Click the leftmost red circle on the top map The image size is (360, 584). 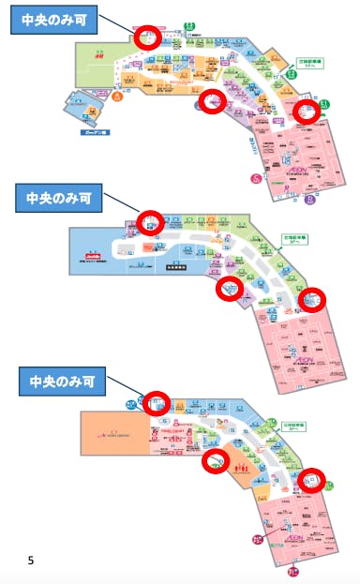coord(147,37)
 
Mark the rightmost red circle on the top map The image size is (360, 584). coord(307,111)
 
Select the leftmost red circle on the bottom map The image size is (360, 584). coord(156,402)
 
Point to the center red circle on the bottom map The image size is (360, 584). coord(217,459)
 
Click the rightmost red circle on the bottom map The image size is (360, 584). coord(311,480)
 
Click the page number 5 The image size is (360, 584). coord(31,561)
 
